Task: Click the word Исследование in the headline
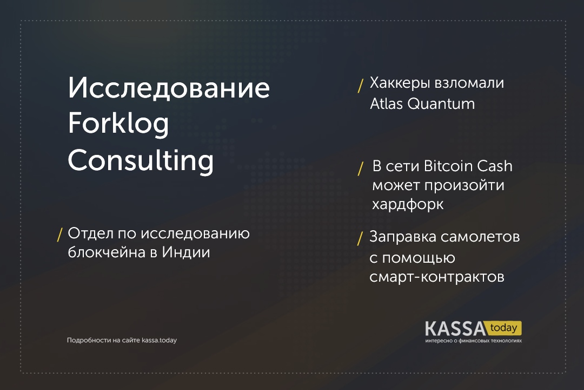click(169, 88)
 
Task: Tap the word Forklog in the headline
click(118, 124)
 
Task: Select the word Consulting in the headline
click(141, 160)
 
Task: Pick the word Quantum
click(441, 104)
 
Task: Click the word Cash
click(495, 166)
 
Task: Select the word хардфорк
click(408, 205)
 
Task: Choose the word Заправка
click(403, 237)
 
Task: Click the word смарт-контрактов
click(437, 277)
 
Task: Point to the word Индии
click(186, 252)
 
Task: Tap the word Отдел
click(90, 233)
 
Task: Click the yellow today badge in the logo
click(503, 328)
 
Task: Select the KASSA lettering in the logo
click(455, 329)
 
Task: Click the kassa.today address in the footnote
click(159, 340)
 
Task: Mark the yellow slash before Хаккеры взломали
click(360, 86)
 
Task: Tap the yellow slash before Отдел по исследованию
click(59, 235)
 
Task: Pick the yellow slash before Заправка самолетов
click(360, 238)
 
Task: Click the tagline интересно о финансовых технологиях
click(473, 340)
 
